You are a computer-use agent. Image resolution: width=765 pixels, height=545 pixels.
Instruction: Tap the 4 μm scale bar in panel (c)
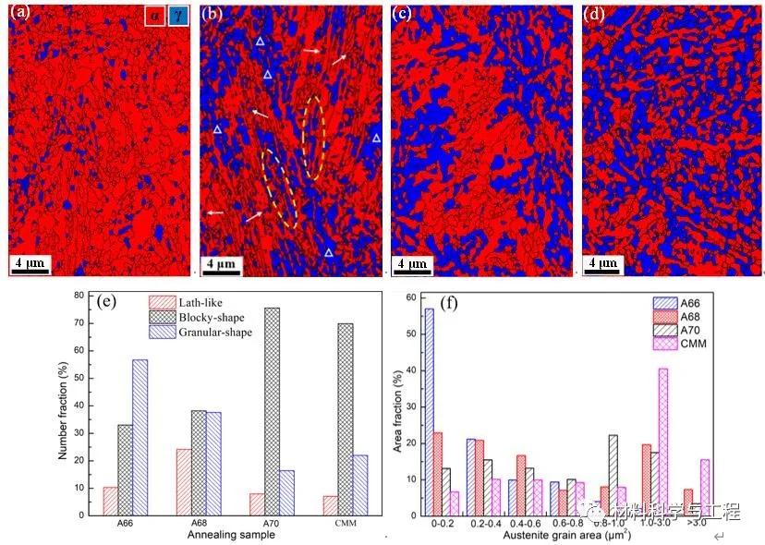click(x=412, y=264)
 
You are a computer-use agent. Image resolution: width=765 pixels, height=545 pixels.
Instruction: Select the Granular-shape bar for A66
click(x=140, y=437)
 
